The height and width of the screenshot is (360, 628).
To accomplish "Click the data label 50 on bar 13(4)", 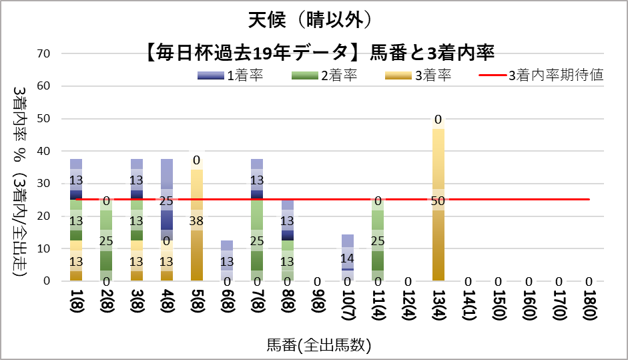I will point(438,200).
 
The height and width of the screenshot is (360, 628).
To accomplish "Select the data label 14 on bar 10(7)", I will point(347,258).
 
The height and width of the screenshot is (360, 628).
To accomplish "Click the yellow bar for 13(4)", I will point(438,234).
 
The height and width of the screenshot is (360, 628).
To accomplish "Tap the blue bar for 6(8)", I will point(228,260).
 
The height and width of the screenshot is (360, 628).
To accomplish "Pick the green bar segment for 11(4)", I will point(378,240).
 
